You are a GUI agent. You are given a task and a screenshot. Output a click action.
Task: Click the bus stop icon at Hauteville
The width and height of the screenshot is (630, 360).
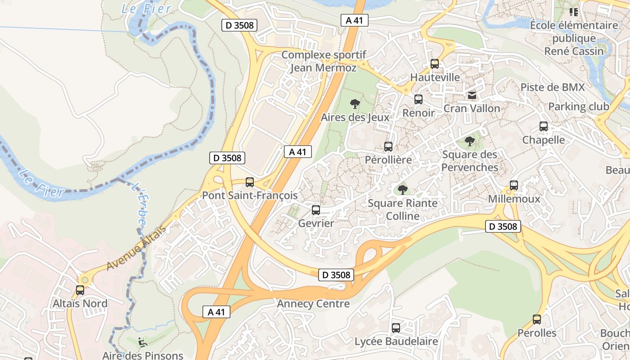[434, 64]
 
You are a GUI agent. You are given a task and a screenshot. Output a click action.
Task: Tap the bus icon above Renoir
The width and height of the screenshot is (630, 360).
[418, 99]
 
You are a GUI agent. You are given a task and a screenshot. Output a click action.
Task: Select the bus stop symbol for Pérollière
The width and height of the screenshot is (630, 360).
[388, 147]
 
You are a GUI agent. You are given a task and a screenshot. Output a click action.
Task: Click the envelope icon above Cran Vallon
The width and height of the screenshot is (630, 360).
[472, 95]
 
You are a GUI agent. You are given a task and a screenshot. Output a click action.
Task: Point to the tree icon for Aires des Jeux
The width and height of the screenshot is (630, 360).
[355, 104]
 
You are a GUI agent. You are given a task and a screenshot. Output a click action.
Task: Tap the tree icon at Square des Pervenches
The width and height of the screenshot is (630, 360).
[469, 141]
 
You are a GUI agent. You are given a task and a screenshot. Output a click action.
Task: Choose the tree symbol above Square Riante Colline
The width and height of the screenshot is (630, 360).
[402, 190]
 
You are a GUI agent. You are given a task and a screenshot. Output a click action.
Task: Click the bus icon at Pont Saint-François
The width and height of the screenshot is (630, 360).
[250, 182]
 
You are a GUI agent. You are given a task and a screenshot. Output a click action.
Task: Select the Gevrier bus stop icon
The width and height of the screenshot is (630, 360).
[316, 210]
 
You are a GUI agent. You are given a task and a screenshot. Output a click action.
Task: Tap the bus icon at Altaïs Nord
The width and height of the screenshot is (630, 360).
[80, 290]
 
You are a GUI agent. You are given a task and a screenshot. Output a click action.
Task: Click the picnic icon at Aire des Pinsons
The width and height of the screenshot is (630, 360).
[142, 342]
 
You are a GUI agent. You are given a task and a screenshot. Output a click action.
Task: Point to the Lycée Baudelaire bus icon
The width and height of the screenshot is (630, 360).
[396, 328]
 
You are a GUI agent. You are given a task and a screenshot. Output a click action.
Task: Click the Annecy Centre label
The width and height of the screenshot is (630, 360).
[313, 304]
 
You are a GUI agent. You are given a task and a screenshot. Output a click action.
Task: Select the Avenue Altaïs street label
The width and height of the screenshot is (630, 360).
[136, 248]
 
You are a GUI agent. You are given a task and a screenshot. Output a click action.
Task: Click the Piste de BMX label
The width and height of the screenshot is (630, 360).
[552, 87]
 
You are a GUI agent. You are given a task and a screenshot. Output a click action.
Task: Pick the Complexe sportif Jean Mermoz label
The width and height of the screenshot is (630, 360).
[323, 61]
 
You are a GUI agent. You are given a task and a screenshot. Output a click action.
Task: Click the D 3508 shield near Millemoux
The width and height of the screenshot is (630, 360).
[503, 226]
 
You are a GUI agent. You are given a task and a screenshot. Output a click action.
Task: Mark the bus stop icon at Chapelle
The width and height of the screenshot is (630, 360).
[543, 126]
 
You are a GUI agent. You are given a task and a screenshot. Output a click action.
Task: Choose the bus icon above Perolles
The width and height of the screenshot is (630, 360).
[536, 319]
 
